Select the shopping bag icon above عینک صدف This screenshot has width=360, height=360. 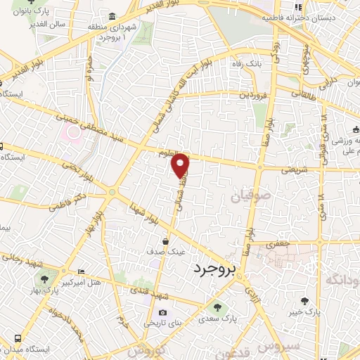click(165, 240)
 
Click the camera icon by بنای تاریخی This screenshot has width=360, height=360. click(162, 313)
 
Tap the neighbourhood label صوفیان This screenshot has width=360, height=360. click(245, 198)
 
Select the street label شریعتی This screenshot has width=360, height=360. click(295, 169)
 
